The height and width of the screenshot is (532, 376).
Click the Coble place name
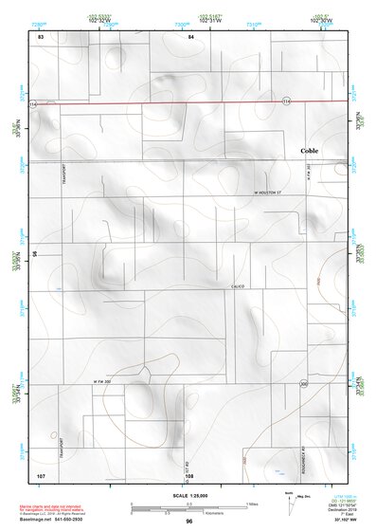pos(309,151)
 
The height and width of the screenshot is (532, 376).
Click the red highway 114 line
pos(189,101)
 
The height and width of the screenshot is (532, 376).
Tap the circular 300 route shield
pos(304,384)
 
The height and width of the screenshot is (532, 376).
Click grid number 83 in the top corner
pos(41,36)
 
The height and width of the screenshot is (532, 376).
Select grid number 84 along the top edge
pos(190,36)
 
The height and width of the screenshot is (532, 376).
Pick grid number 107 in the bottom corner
pos(41,473)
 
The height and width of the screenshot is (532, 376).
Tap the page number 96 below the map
pos(189,523)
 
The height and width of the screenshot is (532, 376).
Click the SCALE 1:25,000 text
pos(189,496)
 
